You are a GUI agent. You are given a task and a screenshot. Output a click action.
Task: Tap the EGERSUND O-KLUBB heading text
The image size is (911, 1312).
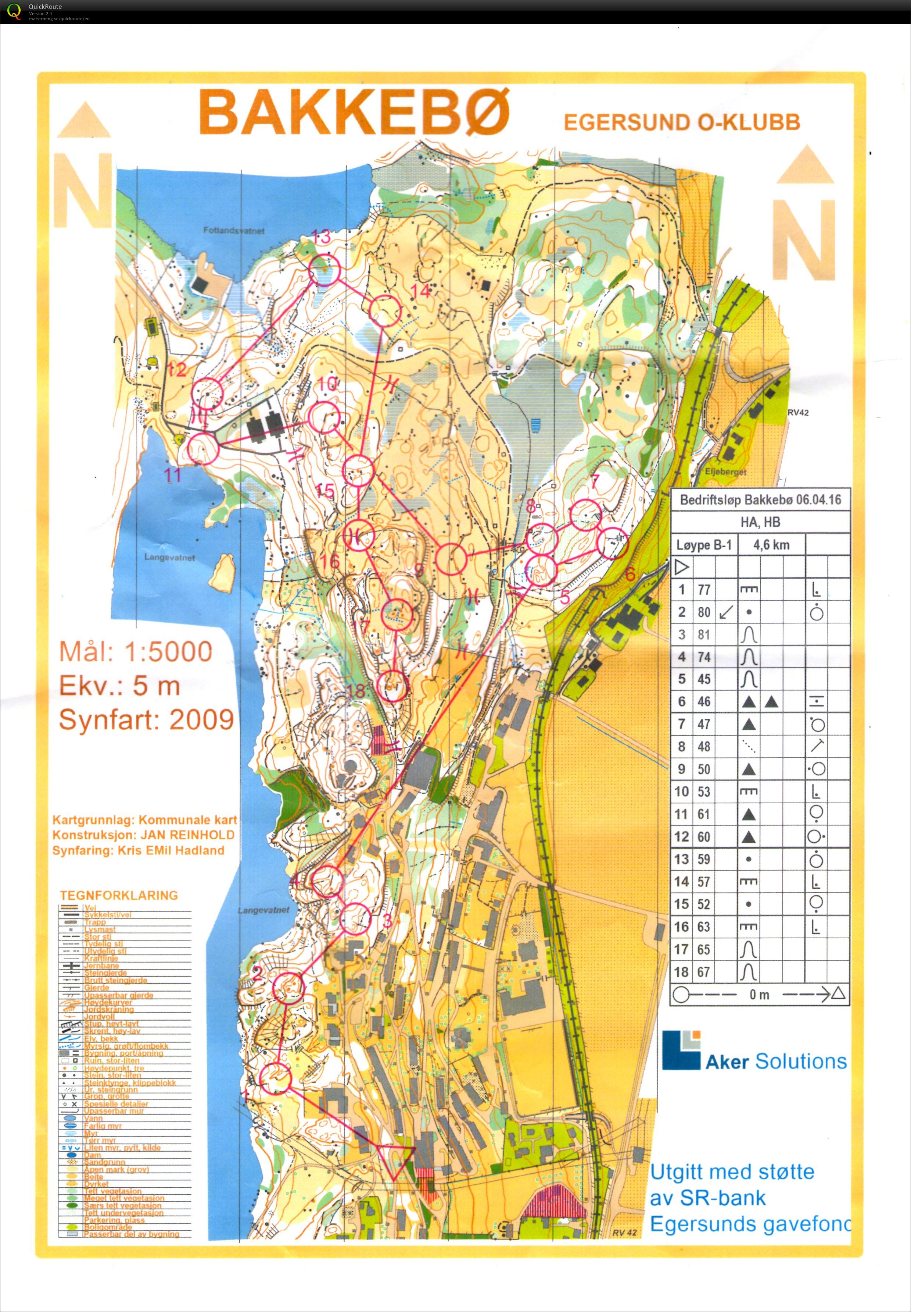coord(682,122)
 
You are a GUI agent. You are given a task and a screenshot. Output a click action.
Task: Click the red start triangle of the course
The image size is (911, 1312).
coord(395,1159)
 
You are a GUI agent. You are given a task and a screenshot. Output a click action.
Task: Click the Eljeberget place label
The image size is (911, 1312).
coord(725,472)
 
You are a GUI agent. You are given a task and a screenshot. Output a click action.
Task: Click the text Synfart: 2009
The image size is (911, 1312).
coord(146,720)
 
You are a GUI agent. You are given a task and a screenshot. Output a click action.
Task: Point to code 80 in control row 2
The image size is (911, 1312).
coord(704,612)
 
